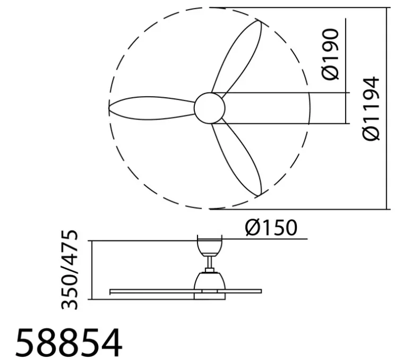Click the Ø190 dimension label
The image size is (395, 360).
click(x=330, y=55)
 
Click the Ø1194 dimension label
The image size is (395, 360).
click(x=372, y=108)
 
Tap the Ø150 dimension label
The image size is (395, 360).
click(x=271, y=228)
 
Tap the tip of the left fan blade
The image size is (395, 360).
click(x=109, y=107)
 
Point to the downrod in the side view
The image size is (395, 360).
click(x=210, y=263)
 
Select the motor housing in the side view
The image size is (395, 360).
click(x=210, y=280)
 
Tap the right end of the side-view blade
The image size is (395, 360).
click(x=260, y=291)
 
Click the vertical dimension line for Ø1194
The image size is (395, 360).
click(x=386, y=108)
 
